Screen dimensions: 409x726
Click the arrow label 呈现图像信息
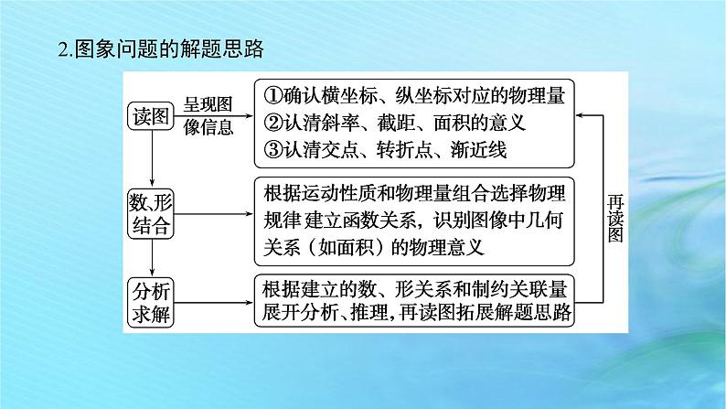(x=208, y=116)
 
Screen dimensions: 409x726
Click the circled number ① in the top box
(x=272, y=94)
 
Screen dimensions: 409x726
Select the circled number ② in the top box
(x=272, y=122)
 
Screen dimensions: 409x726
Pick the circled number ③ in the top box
(x=272, y=149)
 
